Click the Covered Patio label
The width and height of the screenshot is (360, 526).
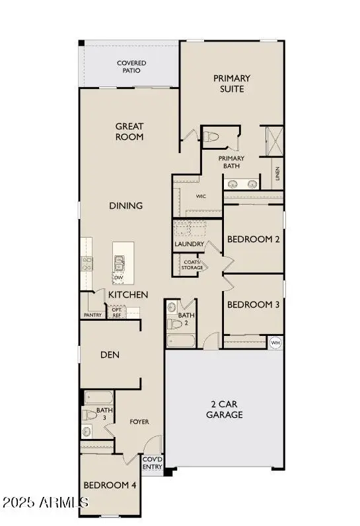click(131, 67)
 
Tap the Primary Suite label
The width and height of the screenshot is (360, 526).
click(232, 83)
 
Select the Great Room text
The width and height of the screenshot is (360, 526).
click(129, 131)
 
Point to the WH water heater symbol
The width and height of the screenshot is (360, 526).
click(276, 343)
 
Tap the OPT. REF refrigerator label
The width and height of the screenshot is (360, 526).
click(116, 312)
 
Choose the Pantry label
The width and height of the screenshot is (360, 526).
click(92, 315)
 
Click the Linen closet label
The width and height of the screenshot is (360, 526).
click(278, 174)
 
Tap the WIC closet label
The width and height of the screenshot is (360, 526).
click(201, 196)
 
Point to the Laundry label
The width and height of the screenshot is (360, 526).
click(188, 244)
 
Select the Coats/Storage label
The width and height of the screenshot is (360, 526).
click(192, 265)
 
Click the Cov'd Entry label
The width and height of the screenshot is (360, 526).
click(152, 462)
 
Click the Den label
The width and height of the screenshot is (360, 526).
click(109, 354)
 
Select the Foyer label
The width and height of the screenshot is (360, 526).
click(139, 421)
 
